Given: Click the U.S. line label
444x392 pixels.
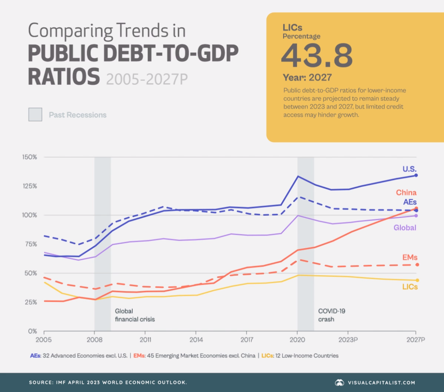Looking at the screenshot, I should pyautogui.click(x=409, y=169).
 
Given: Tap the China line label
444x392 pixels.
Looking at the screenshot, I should pyautogui.click(x=406, y=192).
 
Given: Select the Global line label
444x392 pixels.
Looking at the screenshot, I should pyautogui.click(x=405, y=227).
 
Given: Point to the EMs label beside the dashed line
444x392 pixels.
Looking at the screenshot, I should pyautogui.click(x=410, y=257).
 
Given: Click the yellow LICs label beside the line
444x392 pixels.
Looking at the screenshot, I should pyautogui.click(x=410, y=287).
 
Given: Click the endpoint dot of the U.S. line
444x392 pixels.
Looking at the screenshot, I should pyautogui.click(x=416, y=175).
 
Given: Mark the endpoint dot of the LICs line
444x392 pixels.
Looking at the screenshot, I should pyautogui.click(x=417, y=280).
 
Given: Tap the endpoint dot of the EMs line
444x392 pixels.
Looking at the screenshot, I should pyautogui.click(x=417, y=265).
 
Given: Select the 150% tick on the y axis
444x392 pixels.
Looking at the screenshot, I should pyautogui.click(x=30, y=157).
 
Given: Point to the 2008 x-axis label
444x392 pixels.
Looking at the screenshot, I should pyautogui.click(x=94, y=340).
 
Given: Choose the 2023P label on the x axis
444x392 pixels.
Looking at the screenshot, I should pyautogui.click(x=347, y=340).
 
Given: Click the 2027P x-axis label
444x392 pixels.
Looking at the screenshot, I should pyautogui.click(x=415, y=340).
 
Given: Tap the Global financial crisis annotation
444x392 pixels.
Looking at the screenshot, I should pyautogui.click(x=135, y=315).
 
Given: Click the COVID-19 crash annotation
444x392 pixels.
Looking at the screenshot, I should pyautogui.click(x=331, y=315).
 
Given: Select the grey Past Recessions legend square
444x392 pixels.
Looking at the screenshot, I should pyautogui.click(x=35, y=114).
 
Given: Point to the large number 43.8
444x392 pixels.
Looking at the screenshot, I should pyautogui.click(x=317, y=55).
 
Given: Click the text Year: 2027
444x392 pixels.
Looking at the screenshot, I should pyautogui.click(x=307, y=77).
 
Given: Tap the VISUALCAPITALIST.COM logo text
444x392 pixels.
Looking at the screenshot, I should pyautogui.click(x=381, y=383).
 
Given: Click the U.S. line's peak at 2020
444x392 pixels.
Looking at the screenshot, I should pyautogui.click(x=298, y=176).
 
